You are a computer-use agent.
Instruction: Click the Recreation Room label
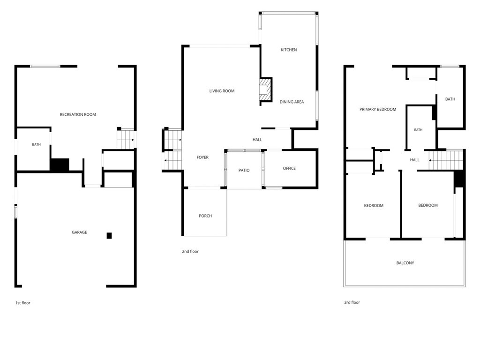pyautogui.click(x=78, y=114)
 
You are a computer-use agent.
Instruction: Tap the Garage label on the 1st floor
pyautogui.click(x=79, y=232)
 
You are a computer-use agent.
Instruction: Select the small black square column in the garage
pyautogui.click(x=109, y=235)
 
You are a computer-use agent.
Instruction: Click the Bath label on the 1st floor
pyautogui.click(x=37, y=144)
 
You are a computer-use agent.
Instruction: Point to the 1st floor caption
pyautogui.click(x=23, y=303)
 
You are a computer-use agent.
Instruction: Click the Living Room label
pyautogui.click(x=222, y=91)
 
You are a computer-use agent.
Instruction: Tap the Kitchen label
pyautogui.click(x=289, y=50)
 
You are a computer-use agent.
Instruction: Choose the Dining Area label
pyautogui.click(x=292, y=102)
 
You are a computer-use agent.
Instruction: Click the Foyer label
pyautogui.click(x=202, y=157)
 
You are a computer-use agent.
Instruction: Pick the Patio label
pyautogui.click(x=244, y=170)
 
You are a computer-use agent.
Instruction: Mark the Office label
pyautogui.click(x=289, y=168)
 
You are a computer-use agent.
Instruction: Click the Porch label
pyautogui.click(x=205, y=216)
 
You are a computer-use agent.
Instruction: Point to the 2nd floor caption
pyautogui.click(x=190, y=251)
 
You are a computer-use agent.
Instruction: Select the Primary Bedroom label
pyautogui.click(x=378, y=109)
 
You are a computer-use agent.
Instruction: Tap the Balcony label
pyautogui.click(x=405, y=263)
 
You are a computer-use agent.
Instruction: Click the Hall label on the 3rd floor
pyautogui.click(x=415, y=160)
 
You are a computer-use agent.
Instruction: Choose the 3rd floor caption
pyautogui.click(x=352, y=302)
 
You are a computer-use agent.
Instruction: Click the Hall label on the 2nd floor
pyautogui.click(x=257, y=140)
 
